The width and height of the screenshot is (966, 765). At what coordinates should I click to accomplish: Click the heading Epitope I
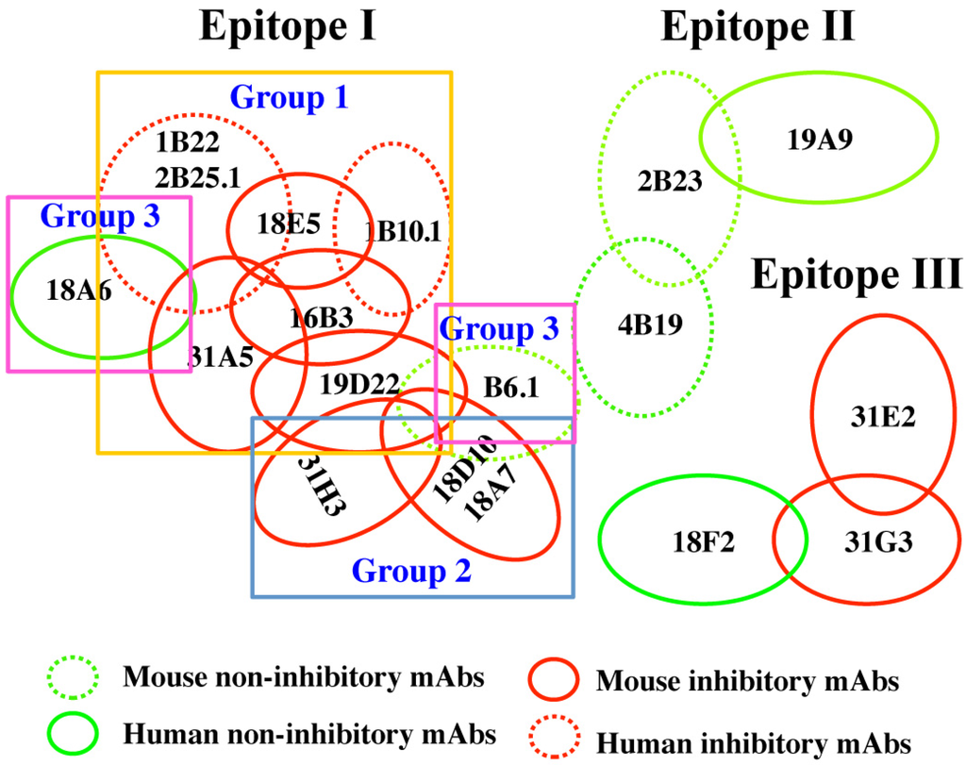(x=288, y=27)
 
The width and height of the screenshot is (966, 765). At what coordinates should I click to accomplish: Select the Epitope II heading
(x=758, y=27)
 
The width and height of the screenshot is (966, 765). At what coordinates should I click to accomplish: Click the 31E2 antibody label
(x=881, y=416)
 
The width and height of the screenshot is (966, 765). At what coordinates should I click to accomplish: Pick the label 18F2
(x=700, y=541)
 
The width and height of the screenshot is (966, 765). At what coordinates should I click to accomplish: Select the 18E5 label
(x=289, y=225)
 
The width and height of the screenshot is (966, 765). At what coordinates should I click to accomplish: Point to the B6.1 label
(x=511, y=387)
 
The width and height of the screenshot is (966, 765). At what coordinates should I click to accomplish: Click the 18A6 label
(x=79, y=291)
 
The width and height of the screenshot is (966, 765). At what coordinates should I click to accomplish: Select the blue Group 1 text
(x=291, y=96)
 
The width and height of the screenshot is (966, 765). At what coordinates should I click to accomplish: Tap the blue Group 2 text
(x=411, y=570)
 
